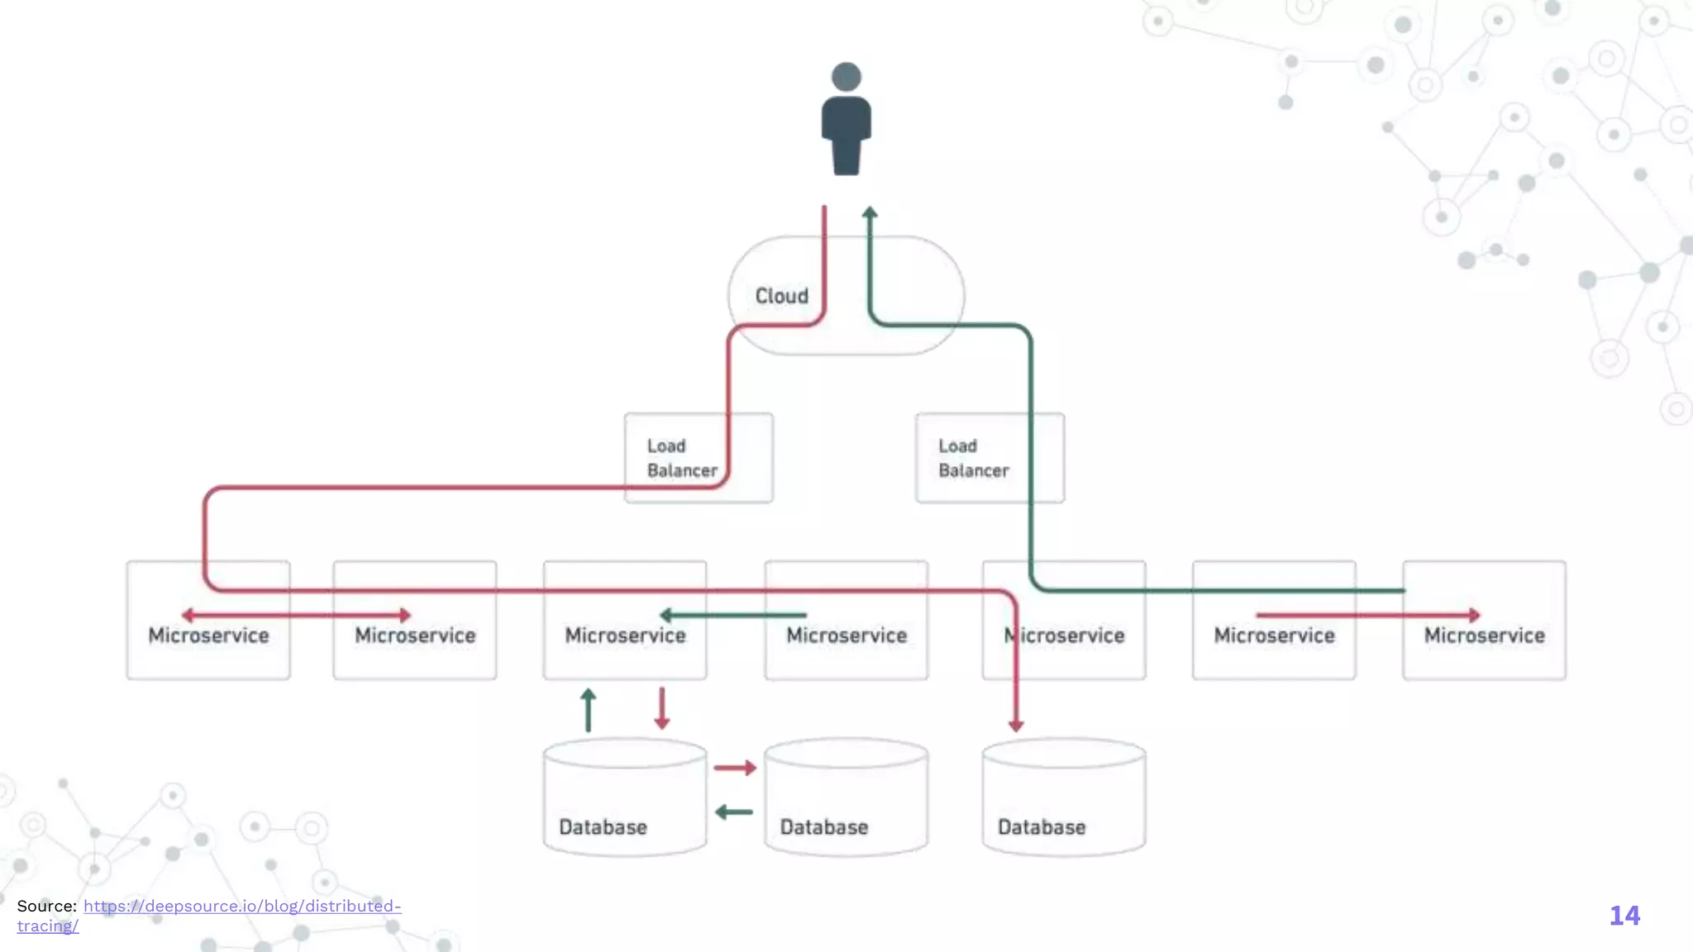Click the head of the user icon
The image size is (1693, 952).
(846, 77)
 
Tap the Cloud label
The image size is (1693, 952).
(781, 296)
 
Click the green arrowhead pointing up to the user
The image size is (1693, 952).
(870, 213)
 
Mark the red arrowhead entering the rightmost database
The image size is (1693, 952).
(1016, 725)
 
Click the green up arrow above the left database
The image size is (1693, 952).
(588, 709)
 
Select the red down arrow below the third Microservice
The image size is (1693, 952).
(661, 709)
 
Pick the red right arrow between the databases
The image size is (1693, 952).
(735, 768)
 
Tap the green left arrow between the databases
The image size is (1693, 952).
(733, 812)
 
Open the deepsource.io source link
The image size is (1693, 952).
(241, 906)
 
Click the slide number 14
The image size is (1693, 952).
(1624, 916)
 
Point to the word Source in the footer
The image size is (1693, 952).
(46, 906)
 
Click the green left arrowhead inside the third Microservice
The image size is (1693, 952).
(666, 615)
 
